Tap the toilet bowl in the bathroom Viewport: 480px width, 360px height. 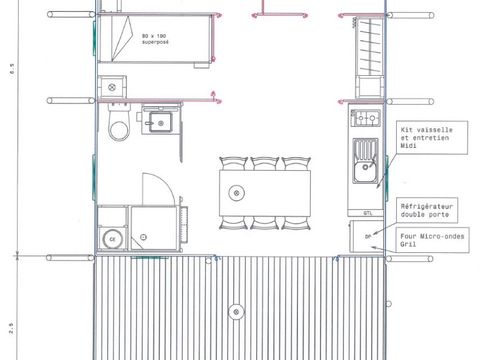click(x=118, y=127)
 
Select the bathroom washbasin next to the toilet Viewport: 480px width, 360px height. click(x=159, y=123)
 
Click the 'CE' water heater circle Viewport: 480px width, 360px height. click(x=111, y=238)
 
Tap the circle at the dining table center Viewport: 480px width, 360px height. click(x=236, y=191)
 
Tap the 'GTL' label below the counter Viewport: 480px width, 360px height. click(x=368, y=213)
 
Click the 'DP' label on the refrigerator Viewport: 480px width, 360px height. click(x=368, y=237)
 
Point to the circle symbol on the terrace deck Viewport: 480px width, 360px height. click(x=237, y=309)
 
